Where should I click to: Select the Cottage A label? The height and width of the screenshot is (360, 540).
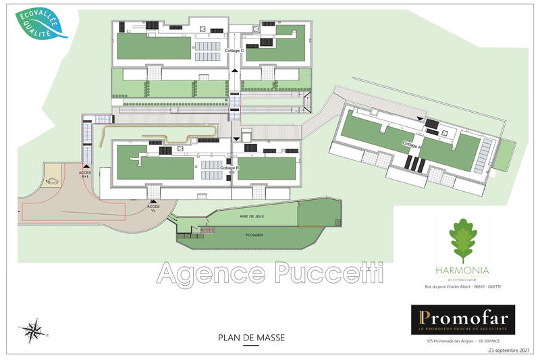(411, 144)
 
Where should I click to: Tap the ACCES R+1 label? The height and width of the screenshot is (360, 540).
(86, 174)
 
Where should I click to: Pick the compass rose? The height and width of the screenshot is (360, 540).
(31, 330)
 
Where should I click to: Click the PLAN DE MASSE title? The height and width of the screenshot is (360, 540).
(240, 336)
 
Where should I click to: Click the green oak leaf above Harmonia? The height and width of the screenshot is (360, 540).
(463, 240)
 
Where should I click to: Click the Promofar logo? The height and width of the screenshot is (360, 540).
(463, 319)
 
